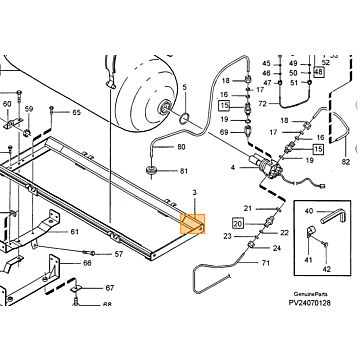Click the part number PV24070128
click(x=310, y=303)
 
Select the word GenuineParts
click(x=310, y=294)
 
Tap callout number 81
click(x=184, y=171)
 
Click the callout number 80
click(x=181, y=147)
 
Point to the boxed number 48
click(x=319, y=72)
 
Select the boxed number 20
click(x=238, y=223)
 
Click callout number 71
click(x=265, y=263)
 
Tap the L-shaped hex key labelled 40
click(x=334, y=218)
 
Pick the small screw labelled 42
click(x=326, y=245)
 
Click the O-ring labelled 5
click(x=184, y=118)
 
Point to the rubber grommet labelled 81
click(x=153, y=170)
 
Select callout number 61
click(x=74, y=232)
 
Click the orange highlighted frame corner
click(x=192, y=224)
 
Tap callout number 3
click(x=195, y=192)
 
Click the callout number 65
click(x=77, y=112)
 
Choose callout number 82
click(x=346, y=162)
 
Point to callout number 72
click(x=263, y=104)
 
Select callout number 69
click(x=224, y=132)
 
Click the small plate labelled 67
click(x=77, y=288)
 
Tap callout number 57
click(x=119, y=254)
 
